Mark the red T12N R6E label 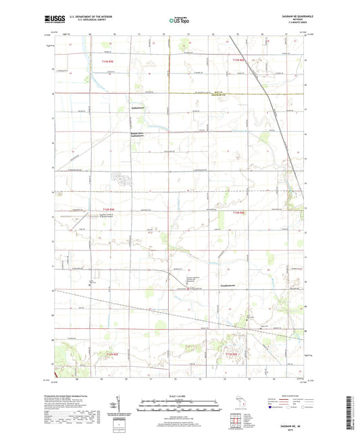tap(237, 213)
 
